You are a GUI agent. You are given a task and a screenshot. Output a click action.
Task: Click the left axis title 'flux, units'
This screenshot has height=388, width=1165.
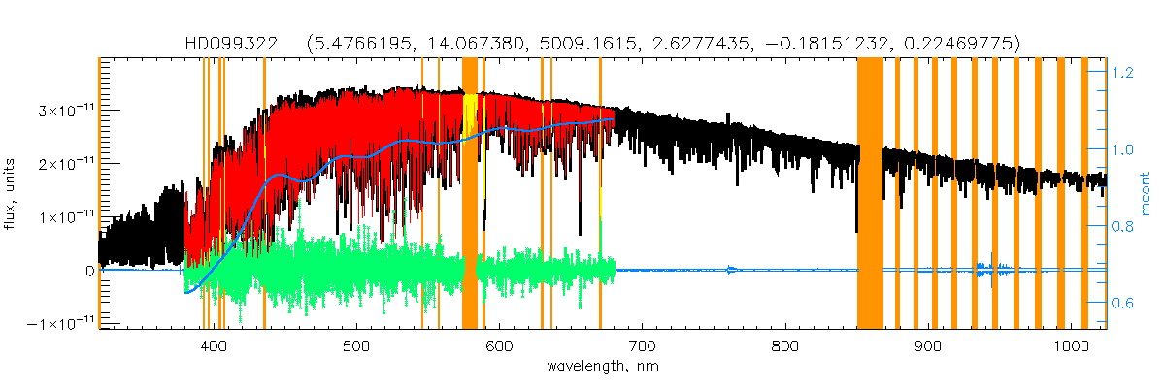(x=13, y=194)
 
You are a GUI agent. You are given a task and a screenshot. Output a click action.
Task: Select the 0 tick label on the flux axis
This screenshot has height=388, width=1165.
(x=89, y=270)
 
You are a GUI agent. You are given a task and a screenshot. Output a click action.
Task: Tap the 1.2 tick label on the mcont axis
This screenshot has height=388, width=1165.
(x=1124, y=72)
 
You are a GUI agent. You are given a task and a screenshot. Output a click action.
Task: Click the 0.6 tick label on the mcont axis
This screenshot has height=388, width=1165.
(x=1124, y=303)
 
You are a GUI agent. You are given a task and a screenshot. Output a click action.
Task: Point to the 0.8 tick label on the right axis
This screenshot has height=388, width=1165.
(x=1124, y=226)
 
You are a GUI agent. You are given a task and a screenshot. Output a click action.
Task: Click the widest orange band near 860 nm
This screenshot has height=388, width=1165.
(x=870, y=194)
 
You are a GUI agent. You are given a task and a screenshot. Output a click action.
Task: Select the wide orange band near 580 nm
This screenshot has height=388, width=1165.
(x=470, y=194)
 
